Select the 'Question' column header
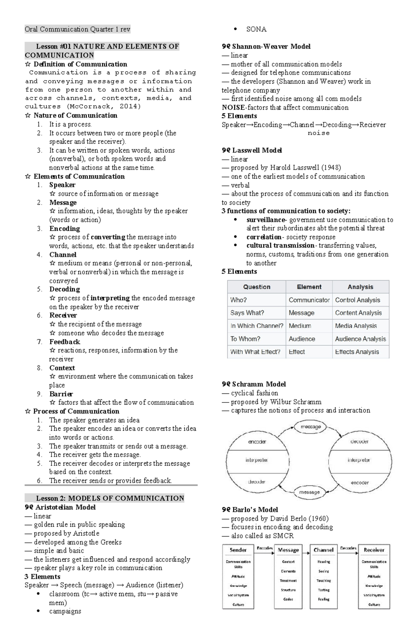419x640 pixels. pos(257,287)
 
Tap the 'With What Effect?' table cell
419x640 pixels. pos(255,352)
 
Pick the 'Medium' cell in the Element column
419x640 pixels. pos(300,326)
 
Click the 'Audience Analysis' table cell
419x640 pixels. pos(360,339)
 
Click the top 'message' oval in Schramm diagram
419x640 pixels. pos(311,427)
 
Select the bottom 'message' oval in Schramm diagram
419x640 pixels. pos(309,492)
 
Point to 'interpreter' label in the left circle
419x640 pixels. pos(256,460)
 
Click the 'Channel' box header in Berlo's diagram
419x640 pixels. pos(323,550)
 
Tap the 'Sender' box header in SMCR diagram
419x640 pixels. pos(238,550)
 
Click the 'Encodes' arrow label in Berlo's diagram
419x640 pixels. pos(265,548)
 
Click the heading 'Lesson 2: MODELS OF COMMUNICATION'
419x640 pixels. pos(110,498)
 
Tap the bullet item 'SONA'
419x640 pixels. pos(256,29)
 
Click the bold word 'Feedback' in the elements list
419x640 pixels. pos(65,342)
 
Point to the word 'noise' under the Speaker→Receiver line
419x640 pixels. pos(318,133)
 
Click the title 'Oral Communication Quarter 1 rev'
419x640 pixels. pos(77,29)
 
